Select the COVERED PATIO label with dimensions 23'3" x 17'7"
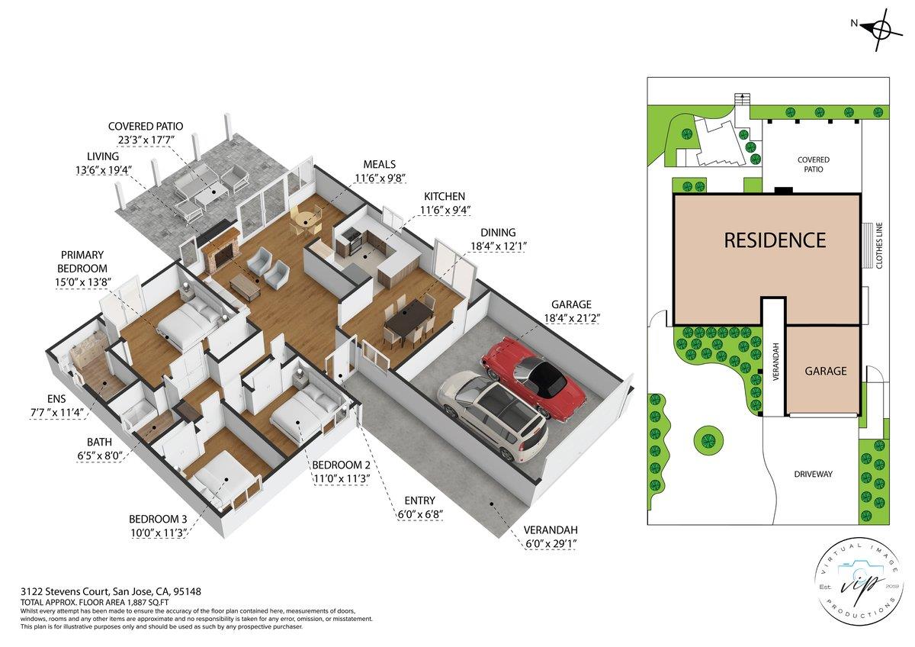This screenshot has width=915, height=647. click(146, 133)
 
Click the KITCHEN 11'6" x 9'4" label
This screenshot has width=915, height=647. click(445, 203)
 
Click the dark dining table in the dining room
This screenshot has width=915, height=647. click(408, 319)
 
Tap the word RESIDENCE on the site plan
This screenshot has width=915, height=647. click(774, 240)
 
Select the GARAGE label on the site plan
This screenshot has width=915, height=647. click(826, 372)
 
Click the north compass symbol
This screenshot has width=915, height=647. click(878, 30)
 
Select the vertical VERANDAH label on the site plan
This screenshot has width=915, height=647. click(775, 363)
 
